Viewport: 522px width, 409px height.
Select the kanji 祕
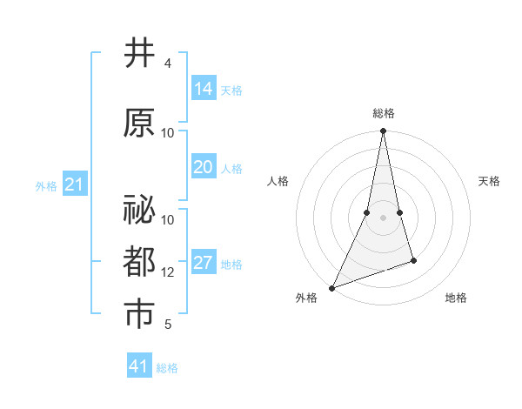(140, 208)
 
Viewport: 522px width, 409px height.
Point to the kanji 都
(140, 260)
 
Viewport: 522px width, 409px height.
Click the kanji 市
(140, 313)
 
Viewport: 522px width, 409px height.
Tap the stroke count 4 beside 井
(167, 64)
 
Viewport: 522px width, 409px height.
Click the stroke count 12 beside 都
(169, 272)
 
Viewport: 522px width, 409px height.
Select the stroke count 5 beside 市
(167, 325)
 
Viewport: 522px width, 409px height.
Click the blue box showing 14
(204, 89)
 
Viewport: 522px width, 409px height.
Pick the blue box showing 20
(204, 167)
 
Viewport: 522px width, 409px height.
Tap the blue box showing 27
(204, 263)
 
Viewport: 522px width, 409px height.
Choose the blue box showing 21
(75, 184)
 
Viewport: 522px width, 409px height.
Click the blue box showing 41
(139, 366)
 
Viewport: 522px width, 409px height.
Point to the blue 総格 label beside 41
(167, 368)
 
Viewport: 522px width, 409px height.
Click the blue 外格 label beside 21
(46, 185)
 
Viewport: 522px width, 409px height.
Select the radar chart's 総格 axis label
(383, 113)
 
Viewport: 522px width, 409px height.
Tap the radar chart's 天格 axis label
(489, 181)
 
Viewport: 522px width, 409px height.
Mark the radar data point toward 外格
(331, 287)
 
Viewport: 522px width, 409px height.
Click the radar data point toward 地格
(413, 260)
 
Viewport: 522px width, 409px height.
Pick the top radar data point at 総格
(383, 131)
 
